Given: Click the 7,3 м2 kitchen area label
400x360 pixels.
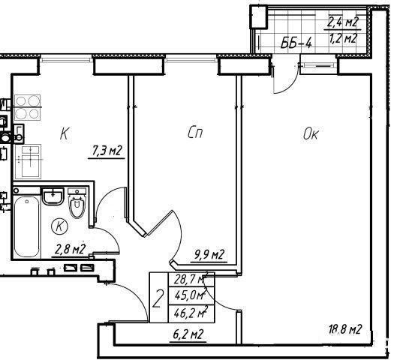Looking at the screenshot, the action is (107, 151).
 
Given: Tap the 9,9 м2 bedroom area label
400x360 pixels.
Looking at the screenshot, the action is (209, 255).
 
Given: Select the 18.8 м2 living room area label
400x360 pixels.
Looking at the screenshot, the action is (345, 329).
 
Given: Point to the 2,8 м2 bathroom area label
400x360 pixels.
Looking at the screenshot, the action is (70, 249).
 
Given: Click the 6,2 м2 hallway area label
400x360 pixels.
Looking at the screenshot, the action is (188, 334).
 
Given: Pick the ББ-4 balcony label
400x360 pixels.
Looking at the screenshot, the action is (296, 43).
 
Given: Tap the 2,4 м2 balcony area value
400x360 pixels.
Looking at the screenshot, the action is (343, 22).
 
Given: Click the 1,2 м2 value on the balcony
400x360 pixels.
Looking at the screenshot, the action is (343, 39).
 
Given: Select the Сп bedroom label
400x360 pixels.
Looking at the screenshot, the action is (195, 133).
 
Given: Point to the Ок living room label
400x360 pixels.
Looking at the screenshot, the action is (311, 133).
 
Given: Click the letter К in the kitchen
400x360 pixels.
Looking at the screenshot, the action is (65, 133).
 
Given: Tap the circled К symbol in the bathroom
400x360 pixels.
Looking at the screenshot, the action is (59, 226).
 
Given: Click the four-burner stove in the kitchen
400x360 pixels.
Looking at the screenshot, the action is (28, 107).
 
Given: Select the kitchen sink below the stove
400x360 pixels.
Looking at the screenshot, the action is (28, 161).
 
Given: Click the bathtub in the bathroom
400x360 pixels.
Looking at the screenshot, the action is (27, 226).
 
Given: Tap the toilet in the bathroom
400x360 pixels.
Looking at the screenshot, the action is (77, 203).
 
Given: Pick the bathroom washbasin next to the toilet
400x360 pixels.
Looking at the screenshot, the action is (53, 196).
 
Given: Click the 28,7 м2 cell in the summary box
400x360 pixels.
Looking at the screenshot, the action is (191, 280).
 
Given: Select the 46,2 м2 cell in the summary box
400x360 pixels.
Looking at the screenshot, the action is (191, 313).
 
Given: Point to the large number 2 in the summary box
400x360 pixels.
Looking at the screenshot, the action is (158, 298).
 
